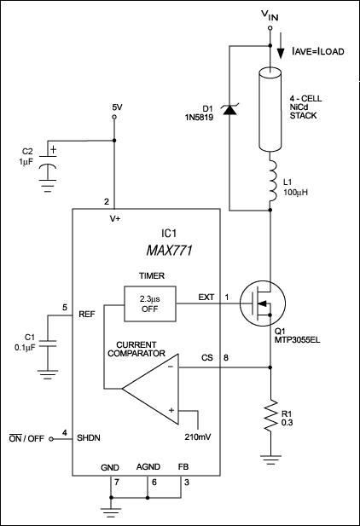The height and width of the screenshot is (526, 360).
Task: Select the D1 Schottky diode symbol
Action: [x=229, y=108]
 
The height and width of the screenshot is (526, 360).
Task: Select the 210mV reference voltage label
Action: [x=198, y=438]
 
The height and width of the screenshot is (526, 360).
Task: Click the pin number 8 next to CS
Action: [x=226, y=357]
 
